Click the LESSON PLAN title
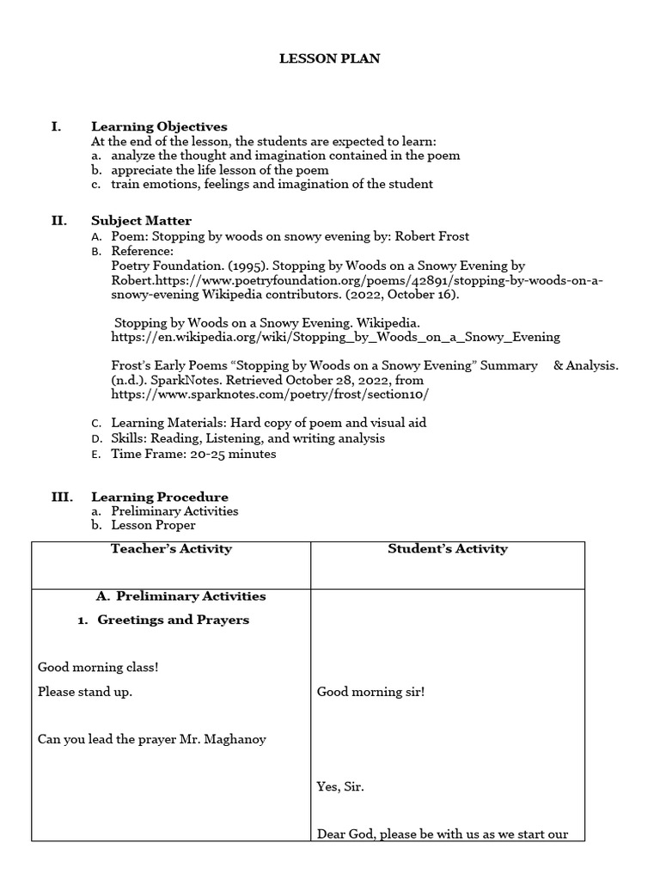tap(329, 58)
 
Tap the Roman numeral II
tap(58, 221)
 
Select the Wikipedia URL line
tap(335, 337)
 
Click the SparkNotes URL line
tap(269, 394)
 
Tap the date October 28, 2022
tap(329, 380)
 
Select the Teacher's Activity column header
tap(171, 548)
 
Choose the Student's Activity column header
tap(448, 548)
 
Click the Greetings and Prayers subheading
tap(173, 620)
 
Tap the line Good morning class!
tap(98, 667)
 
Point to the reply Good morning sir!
tap(370, 692)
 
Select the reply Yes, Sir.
tap(340, 786)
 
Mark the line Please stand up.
tap(85, 692)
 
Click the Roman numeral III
tap(61, 497)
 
